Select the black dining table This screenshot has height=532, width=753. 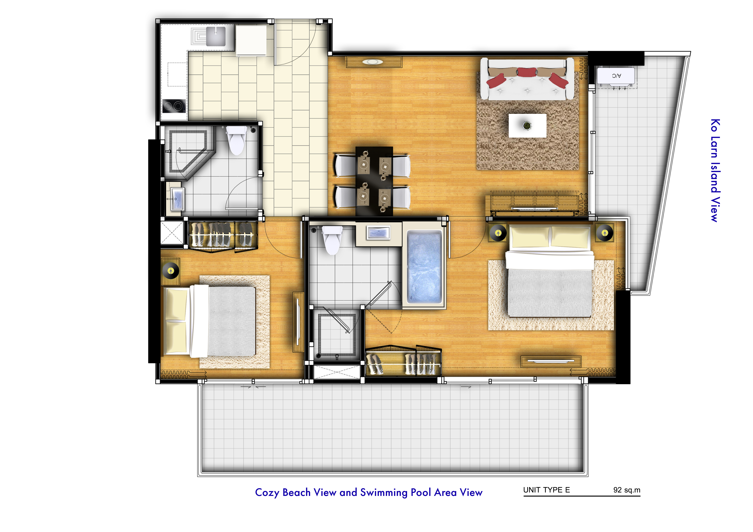pos(374,181)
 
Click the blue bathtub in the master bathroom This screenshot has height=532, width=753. pos(424,266)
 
